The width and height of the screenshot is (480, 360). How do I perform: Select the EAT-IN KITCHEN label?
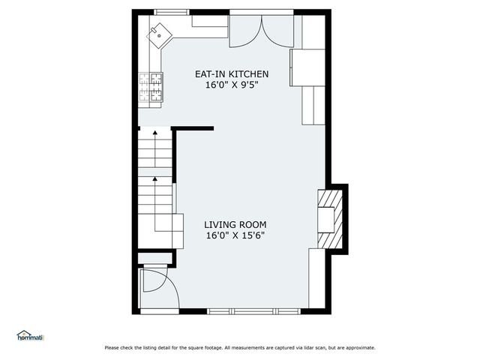point(232,74)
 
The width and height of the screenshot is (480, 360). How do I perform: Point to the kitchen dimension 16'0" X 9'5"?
point(232,85)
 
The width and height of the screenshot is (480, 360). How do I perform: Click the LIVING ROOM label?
point(235,224)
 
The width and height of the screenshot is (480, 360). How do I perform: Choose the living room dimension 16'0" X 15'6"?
point(235,235)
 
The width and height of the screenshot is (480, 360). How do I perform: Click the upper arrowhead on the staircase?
point(155,133)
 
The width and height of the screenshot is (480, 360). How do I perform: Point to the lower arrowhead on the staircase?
point(155,179)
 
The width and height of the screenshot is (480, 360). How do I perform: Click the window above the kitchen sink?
point(172,12)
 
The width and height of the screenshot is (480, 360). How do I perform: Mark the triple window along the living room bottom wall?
point(243,311)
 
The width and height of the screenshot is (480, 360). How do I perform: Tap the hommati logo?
point(31,336)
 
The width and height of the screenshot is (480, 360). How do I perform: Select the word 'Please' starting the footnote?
point(112,348)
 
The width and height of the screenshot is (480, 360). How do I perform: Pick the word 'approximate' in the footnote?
point(358,348)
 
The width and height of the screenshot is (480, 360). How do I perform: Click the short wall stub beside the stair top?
point(193,129)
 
